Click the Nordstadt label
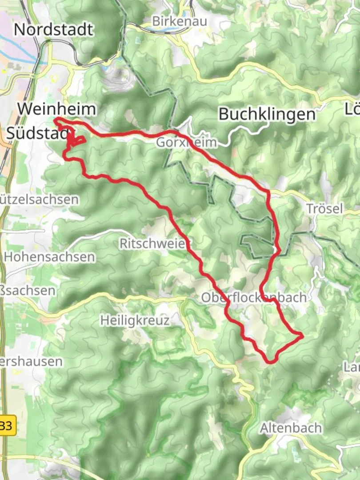click(54, 29)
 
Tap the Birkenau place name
click(172, 21)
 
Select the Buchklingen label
click(267, 114)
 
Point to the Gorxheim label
click(187, 143)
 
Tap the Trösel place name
click(324, 208)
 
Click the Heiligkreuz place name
click(135, 320)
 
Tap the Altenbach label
click(291, 428)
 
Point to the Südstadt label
click(38, 133)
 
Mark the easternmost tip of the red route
click(303, 336)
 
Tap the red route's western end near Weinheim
click(56, 119)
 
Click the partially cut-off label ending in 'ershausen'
click(31, 361)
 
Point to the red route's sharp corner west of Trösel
click(268, 192)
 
